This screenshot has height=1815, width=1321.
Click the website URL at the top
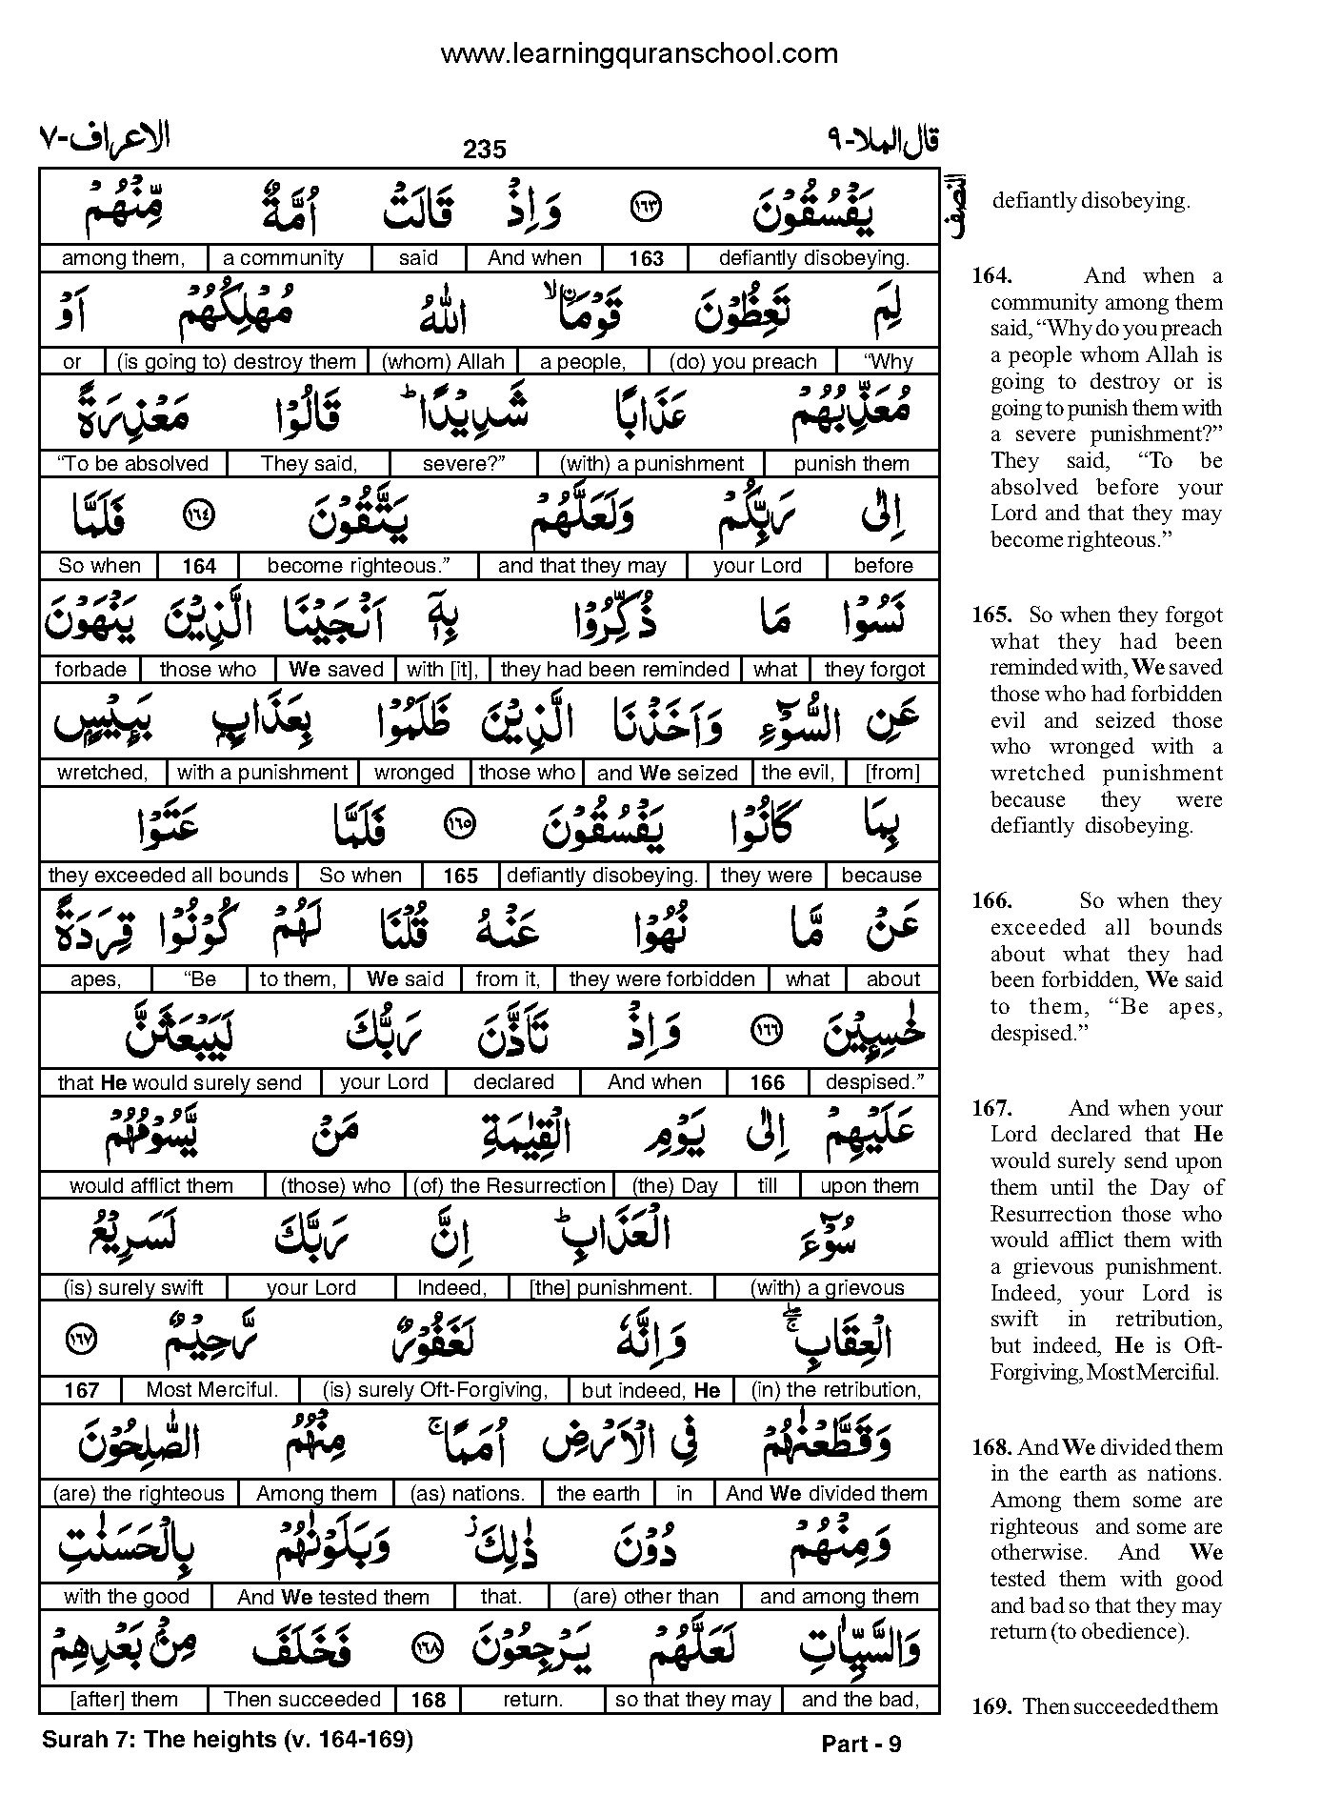(639, 54)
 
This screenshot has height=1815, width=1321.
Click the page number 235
(485, 150)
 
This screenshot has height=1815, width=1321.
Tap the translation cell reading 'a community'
(283, 258)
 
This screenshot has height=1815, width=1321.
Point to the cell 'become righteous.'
(358, 566)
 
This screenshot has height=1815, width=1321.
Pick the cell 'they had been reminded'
(614, 670)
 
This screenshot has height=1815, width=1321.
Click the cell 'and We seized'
(667, 773)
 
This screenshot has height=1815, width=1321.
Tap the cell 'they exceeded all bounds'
(168, 876)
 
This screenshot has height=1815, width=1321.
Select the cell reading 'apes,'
(95, 979)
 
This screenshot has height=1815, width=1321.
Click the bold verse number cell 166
(767, 1083)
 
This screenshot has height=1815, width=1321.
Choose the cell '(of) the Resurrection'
(509, 1186)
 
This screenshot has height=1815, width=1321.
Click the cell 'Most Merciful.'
(211, 1390)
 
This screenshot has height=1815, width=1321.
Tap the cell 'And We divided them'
(826, 1494)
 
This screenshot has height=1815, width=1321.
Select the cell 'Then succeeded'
(302, 1700)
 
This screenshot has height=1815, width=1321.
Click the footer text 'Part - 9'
(861, 1744)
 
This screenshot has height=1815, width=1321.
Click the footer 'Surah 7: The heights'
(227, 1740)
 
